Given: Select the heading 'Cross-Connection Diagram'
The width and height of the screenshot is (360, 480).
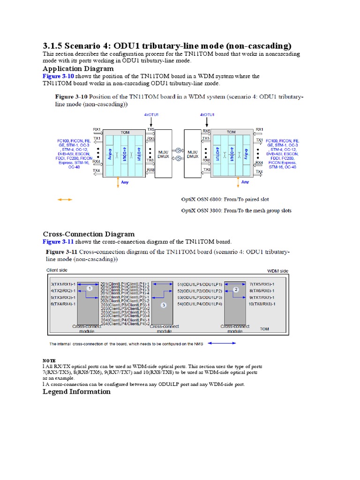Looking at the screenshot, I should click(89, 234).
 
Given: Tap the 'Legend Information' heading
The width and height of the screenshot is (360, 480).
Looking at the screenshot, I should click(78, 392).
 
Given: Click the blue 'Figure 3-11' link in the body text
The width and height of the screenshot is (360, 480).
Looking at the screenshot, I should click(58, 241).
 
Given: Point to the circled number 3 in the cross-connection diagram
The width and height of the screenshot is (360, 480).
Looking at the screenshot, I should click(164, 305).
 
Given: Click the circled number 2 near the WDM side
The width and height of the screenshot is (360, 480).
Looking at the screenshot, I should click(236, 290).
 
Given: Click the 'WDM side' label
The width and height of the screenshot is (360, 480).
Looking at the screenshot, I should click(277, 271).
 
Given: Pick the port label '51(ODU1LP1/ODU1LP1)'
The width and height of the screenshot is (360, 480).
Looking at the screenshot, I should click(200, 285).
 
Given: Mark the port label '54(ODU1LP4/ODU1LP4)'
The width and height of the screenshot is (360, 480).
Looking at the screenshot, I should click(200, 304).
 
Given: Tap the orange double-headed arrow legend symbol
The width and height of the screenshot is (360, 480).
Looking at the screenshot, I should click(65, 199).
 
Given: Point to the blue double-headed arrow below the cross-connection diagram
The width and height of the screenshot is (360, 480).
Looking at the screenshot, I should click(223, 343).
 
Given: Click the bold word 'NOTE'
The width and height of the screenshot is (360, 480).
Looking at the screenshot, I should click(49, 360).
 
